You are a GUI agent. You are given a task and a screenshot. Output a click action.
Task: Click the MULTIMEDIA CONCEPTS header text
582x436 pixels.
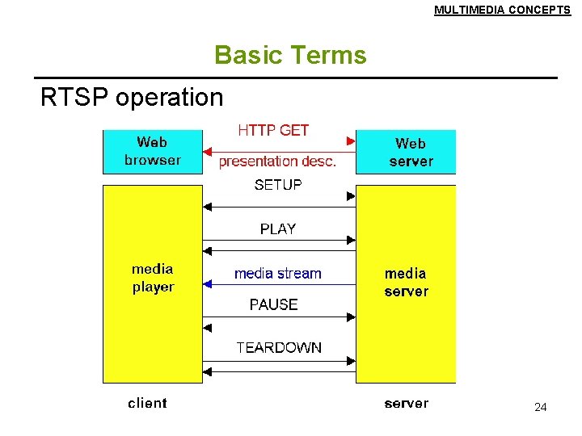pyautogui.click(x=501, y=10)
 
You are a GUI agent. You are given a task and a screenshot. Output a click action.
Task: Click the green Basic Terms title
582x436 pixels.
pyautogui.click(x=290, y=55)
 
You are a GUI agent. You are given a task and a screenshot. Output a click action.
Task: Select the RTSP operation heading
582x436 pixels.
pyautogui.click(x=132, y=98)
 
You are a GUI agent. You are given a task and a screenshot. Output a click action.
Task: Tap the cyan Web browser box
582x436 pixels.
pyautogui.click(x=152, y=151)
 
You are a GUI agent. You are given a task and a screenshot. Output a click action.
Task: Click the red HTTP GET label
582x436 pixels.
pyautogui.click(x=273, y=130)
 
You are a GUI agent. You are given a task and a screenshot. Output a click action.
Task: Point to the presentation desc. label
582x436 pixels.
pyautogui.click(x=277, y=161)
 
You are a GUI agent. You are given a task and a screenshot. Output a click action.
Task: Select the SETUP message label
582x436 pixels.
pyautogui.click(x=278, y=185)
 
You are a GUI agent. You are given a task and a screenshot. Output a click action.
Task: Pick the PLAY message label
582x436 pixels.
pyautogui.click(x=278, y=229)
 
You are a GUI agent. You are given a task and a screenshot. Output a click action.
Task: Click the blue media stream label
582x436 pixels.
pyautogui.click(x=278, y=274)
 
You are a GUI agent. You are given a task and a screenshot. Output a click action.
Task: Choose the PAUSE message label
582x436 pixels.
pyautogui.click(x=274, y=304)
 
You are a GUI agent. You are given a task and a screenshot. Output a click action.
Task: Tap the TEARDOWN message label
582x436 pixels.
pyautogui.click(x=279, y=348)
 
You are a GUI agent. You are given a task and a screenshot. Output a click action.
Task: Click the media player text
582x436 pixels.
pyautogui.click(x=153, y=278)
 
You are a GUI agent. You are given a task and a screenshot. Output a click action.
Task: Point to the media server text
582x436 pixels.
pyautogui.click(x=407, y=283)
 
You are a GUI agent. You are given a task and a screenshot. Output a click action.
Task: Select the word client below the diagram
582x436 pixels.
pyautogui.click(x=147, y=403)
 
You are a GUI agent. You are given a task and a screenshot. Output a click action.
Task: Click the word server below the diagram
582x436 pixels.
pyautogui.click(x=407, y=403)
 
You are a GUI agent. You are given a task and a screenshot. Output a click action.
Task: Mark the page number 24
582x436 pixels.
pyautogui.click(x=541, y=408)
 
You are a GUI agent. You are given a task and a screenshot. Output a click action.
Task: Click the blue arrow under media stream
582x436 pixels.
pyautogui.click(x=279, y=284)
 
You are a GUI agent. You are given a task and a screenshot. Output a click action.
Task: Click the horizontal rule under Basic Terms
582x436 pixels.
pyautogui.click(x=299, y=78)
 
